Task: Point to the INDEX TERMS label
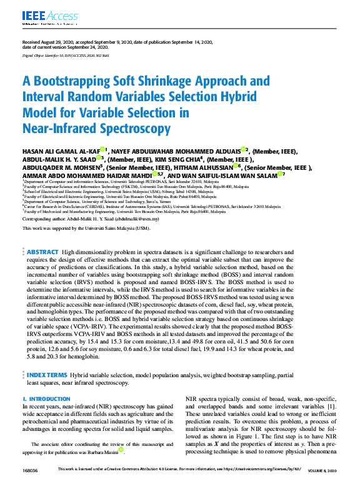pyautogui.click(x=46, y=375)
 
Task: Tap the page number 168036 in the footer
pyautogui.click(x=30, y=469)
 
